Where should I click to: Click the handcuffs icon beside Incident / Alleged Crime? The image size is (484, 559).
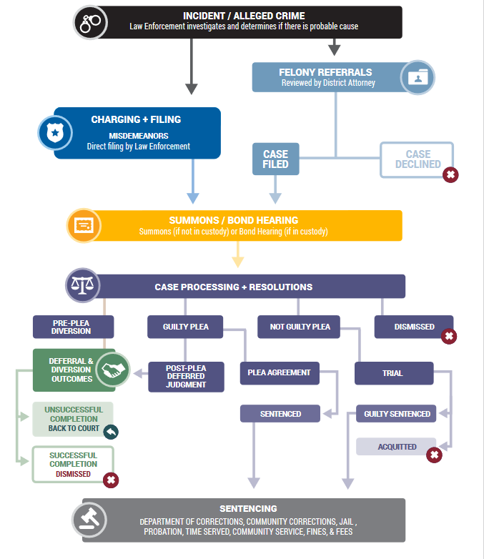tap(91, 22)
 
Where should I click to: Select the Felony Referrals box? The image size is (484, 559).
tap(325, 77)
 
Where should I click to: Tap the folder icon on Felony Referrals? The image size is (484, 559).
tap(417, 77)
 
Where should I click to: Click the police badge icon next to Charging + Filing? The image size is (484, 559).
tap(55, 132)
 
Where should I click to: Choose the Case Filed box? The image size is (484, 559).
tap(275, 159)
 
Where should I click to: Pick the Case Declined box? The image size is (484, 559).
tap(417, 159)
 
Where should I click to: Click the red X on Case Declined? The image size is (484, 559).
tap(450, 174)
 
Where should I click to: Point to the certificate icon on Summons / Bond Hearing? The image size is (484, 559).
tap(84, 224)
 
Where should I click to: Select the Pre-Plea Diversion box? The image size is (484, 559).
tap(73, 327)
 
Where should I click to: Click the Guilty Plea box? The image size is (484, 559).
tap(186, 327)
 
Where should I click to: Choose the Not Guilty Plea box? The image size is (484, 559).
tap(300, 327)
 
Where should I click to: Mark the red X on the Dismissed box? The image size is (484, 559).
tap(448, 335)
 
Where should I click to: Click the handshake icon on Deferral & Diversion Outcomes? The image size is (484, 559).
tap(112, 370)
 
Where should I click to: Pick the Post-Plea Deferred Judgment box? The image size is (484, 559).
tap(186, 377)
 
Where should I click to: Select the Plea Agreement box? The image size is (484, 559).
tap(279, 373)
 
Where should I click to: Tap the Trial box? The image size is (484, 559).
tap(393, 373)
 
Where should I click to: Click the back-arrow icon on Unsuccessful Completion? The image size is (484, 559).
tap(110, 431)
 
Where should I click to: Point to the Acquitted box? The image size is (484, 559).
tap(396, 447)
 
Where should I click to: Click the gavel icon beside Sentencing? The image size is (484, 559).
tap(89, 520)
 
